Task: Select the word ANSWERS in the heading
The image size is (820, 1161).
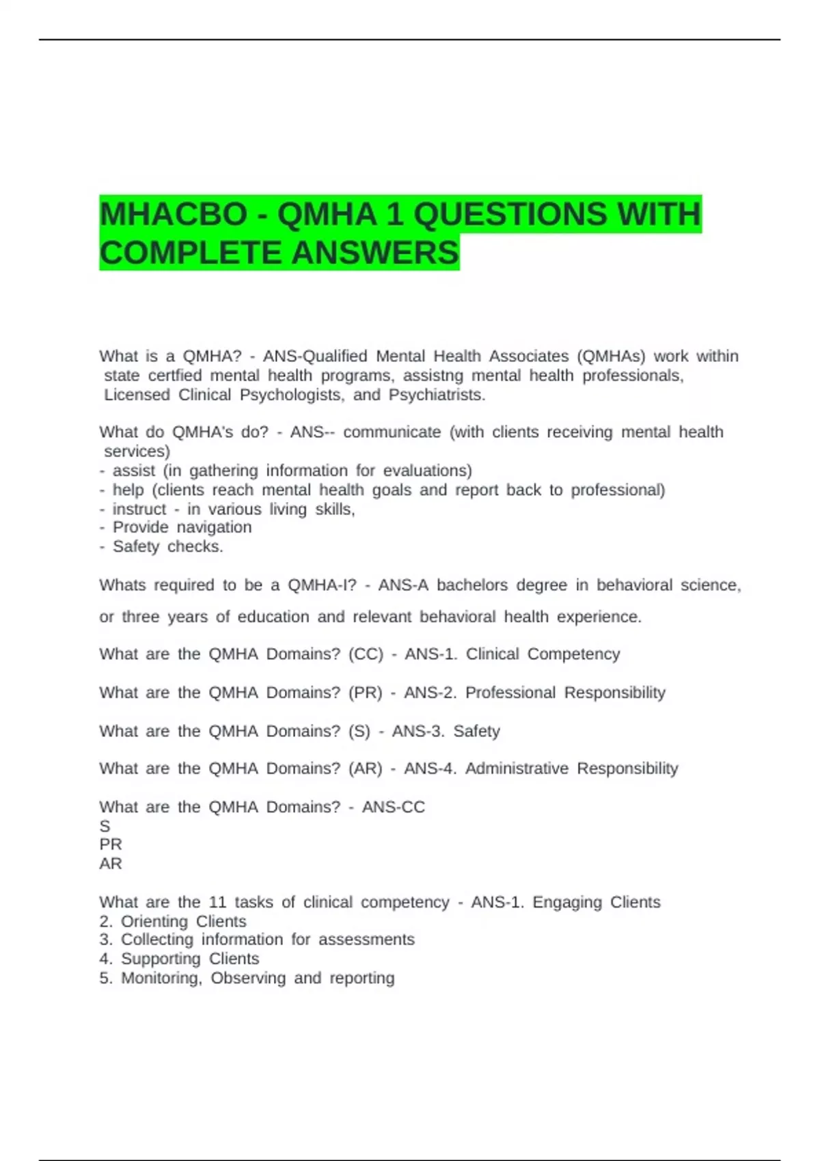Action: [375, 253]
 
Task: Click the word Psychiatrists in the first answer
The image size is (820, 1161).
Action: [437, 395]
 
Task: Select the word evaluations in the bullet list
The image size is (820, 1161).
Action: [427, 471]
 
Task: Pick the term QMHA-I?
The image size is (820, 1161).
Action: [322, 585]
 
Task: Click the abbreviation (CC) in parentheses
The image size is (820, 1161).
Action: [366, 654]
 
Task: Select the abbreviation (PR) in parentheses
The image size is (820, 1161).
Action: [365, 693]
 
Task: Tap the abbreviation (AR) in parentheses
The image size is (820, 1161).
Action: [365, 769]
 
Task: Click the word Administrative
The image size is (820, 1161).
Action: [517, 769]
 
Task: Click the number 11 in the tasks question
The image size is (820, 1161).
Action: [217, 902]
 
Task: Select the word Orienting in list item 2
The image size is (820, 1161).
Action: [154, 921]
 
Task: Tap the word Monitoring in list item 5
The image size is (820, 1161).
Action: [161, 978]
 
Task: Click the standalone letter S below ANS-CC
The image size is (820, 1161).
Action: [105, 826]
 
